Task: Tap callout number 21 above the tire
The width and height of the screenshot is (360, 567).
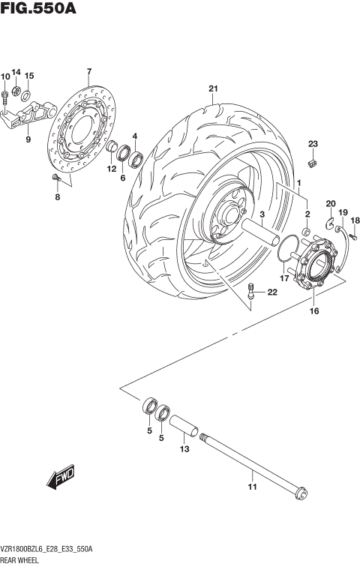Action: coord(213,89)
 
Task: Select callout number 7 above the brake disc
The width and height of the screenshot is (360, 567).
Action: coord(88,71)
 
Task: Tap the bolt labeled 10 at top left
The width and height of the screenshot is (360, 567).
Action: coord(6,94)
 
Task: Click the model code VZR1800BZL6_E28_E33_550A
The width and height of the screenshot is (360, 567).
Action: coord(46,550)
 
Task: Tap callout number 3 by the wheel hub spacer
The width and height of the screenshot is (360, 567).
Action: coord(263,214)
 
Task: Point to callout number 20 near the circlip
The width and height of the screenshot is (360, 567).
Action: coord(330,204)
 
